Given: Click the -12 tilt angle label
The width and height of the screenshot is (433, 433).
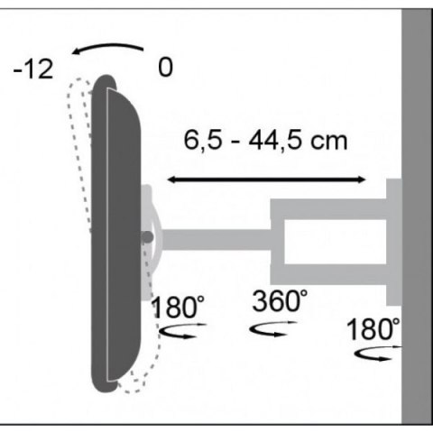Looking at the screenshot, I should (x=32, y=69).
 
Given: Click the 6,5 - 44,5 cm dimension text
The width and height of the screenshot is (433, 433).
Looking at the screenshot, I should (x=265, y=142).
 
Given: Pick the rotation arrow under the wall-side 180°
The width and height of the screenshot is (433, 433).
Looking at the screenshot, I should (x=373, y=355).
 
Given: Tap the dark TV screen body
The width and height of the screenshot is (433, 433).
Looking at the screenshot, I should (x=115, y=235).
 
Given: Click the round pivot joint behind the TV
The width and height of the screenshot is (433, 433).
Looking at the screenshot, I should (x=147, y=238).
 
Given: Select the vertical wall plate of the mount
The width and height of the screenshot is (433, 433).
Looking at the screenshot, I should (x=393, y=242).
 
